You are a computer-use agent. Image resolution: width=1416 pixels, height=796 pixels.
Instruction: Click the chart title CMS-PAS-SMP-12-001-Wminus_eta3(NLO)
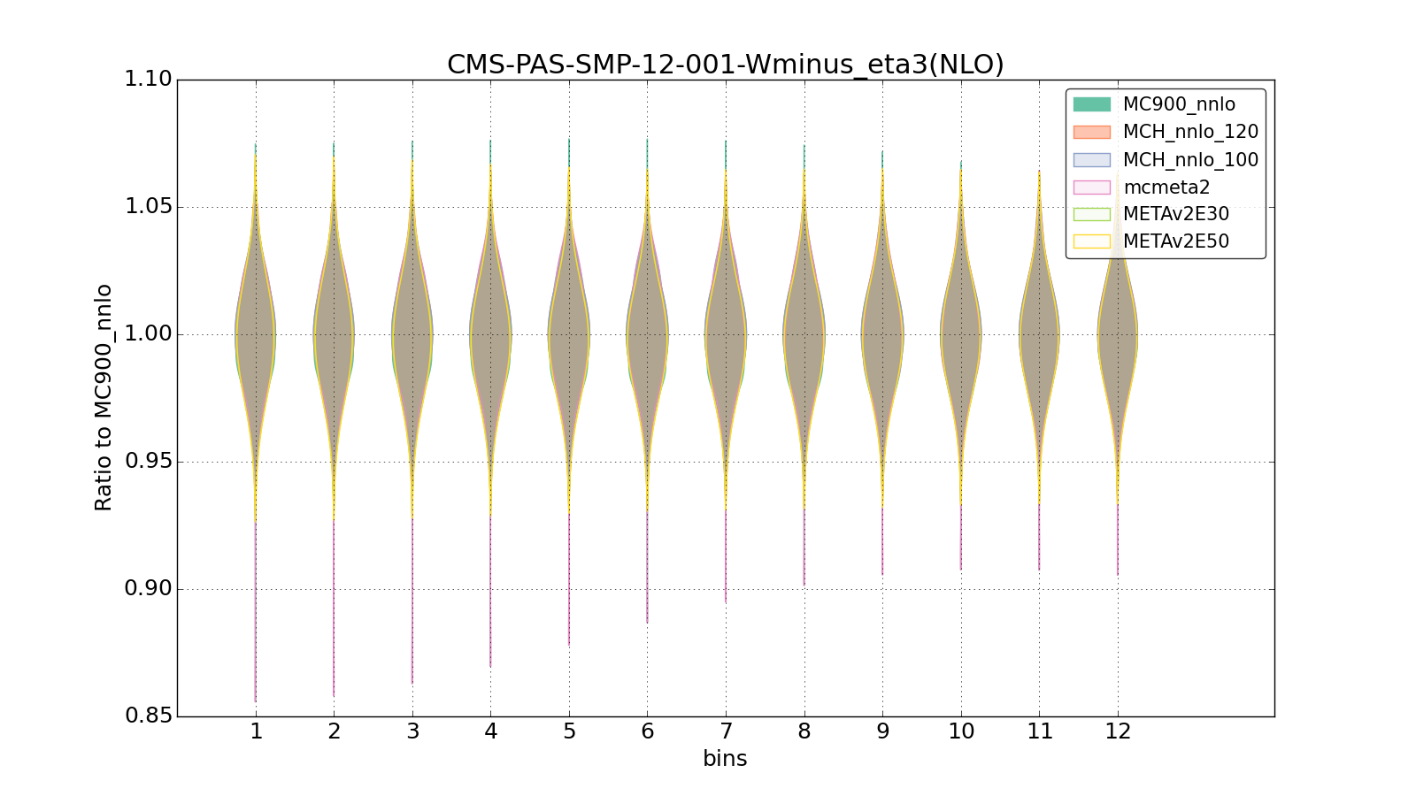[725, 65]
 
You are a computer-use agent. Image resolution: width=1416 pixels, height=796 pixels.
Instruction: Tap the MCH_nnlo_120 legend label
[1190, 132]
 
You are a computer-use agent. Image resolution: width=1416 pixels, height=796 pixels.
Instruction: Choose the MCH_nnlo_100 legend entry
[1190, 160]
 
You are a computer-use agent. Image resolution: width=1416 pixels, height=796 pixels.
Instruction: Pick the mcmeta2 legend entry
[1166, 188]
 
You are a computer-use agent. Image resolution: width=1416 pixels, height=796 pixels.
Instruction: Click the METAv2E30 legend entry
[1175, 214]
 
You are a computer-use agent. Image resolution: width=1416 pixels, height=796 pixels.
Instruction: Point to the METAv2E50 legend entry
[1175, 241]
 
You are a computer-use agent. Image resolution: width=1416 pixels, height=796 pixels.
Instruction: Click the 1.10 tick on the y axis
[148, 80]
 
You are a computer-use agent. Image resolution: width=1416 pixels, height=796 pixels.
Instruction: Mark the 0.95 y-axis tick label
[148, 462]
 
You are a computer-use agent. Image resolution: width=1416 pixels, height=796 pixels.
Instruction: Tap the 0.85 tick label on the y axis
[148, 716]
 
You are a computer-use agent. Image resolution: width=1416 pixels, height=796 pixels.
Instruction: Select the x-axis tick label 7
[726, 731]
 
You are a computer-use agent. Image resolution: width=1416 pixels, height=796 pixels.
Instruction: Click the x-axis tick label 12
[1118, 731]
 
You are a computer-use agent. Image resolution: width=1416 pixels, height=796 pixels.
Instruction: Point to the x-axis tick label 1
[256, 731]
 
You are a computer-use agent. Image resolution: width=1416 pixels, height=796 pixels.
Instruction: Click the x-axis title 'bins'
[725, 759]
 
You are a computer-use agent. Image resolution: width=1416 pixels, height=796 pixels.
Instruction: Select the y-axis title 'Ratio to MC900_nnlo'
[104, 397]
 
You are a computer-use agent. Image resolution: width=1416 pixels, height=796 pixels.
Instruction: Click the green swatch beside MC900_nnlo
[1091, 104]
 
